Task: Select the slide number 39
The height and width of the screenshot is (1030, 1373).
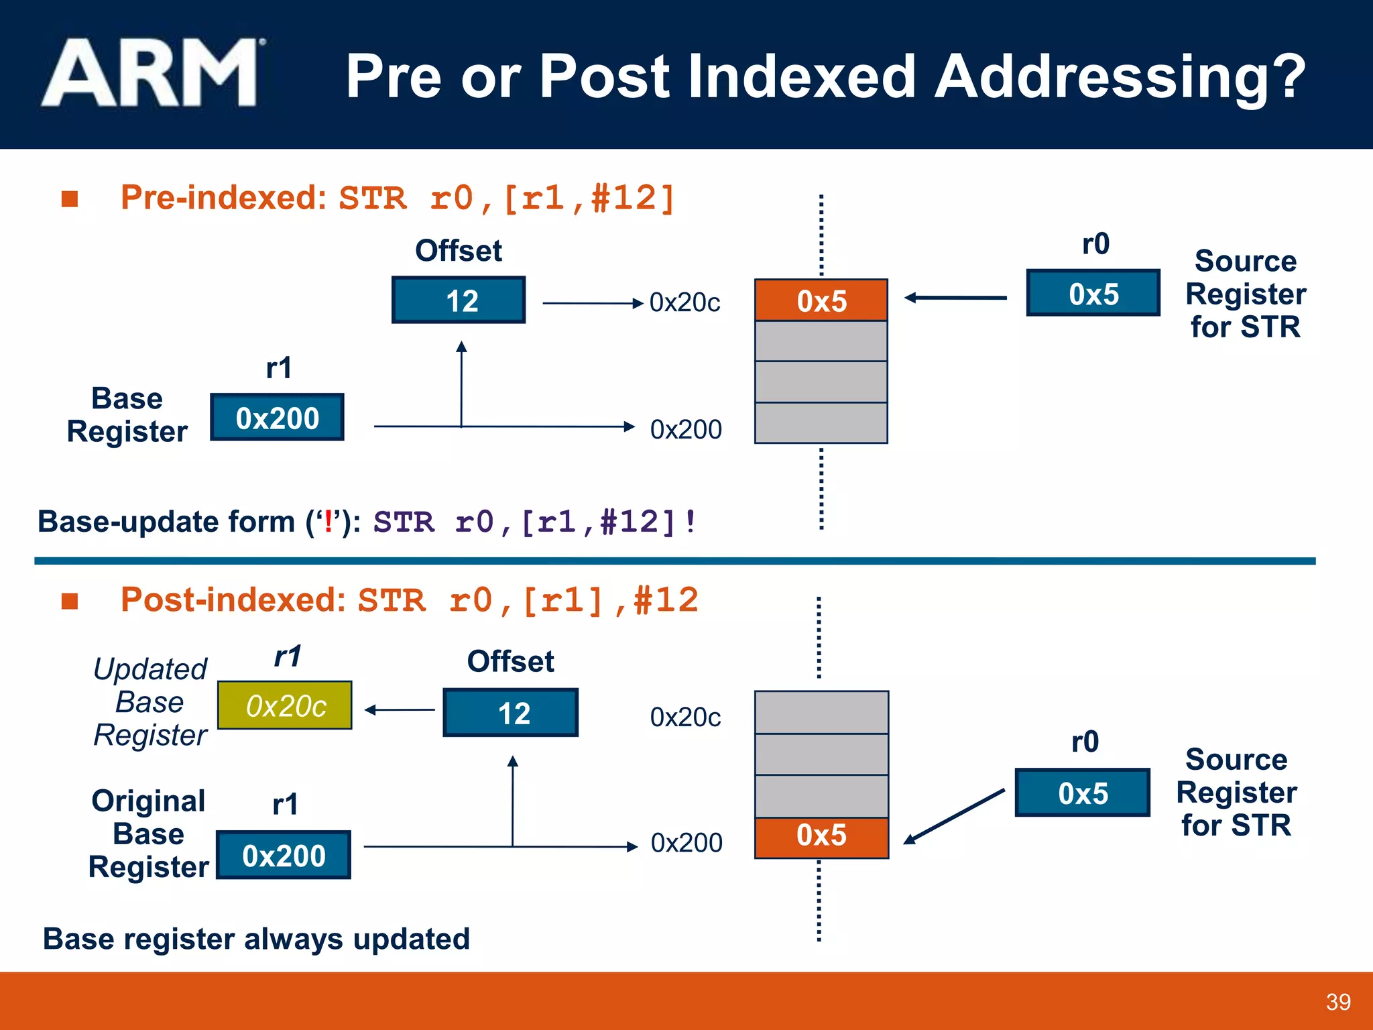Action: (x=1338, y=1002)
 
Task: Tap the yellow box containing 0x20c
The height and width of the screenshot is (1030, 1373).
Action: (x=285, y=705)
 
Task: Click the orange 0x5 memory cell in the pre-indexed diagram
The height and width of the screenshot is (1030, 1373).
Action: (x=821, y=300)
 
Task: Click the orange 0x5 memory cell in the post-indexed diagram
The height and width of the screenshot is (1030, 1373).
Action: (x=821, y=837)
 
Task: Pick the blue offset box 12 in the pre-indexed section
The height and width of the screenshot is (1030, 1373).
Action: (x=459, y=300)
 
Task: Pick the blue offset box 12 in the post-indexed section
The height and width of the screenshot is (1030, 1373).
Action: (x=511, y=713)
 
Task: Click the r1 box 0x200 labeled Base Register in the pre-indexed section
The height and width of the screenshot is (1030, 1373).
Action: (x=277, y=418)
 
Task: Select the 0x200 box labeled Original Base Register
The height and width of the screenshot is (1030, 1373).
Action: (x=284, y=856)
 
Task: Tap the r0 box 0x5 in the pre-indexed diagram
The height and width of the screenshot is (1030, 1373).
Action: (x=1093, y=294)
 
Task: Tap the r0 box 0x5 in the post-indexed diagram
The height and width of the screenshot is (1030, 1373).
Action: (x=1082, y=793)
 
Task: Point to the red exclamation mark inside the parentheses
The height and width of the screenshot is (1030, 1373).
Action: (x=328, y=522)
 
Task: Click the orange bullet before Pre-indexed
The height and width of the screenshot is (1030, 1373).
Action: (x=70, y=199)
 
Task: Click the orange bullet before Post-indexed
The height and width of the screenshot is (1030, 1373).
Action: (x=70, y=601)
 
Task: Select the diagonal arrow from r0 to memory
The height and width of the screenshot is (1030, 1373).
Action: (x=954, y=816)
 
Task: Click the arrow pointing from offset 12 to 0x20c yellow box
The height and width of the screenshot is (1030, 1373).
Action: (x=400, y=709)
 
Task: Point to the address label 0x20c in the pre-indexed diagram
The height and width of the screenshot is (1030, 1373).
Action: (x=684, y=303)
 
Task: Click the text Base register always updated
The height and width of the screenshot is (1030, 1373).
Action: (x=256, y=939)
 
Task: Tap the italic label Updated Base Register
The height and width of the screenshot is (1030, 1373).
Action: (x=150, y=702)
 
